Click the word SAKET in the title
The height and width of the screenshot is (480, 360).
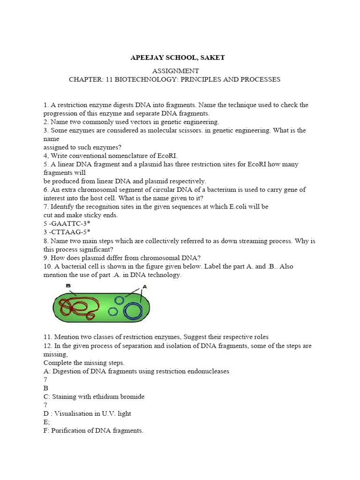pos(212,58)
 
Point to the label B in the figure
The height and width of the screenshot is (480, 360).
pos(68,285)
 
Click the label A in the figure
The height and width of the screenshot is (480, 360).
pos(144,286)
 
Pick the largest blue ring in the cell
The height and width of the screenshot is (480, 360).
pos(133,310)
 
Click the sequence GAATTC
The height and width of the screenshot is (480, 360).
pos(66,224)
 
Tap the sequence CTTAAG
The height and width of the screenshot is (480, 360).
pos(66,232)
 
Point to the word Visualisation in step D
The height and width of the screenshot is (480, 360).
pos(75,413)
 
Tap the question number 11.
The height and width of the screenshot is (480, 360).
pos(47,337)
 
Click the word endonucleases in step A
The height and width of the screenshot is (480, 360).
pos(207,371)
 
